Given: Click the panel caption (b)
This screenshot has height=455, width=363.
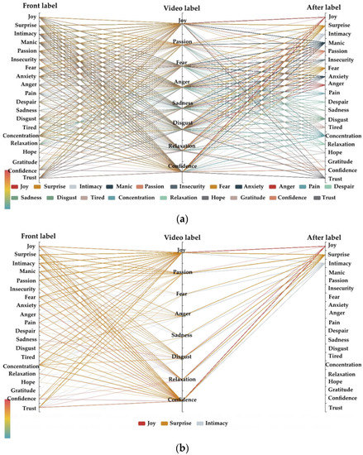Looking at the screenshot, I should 182,448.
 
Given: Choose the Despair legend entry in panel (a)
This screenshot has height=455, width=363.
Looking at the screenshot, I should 344,189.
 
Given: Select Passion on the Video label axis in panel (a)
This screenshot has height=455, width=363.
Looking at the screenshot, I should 183,41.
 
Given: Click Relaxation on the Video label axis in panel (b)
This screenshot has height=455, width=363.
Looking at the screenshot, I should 183,379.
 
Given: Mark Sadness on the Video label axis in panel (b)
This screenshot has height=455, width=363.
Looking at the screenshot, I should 183,335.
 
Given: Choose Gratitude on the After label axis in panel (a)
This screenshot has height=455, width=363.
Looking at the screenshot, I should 342,161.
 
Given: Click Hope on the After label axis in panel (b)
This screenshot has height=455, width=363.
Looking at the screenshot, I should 336,378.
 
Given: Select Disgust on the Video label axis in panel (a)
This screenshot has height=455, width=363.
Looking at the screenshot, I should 183,124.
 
